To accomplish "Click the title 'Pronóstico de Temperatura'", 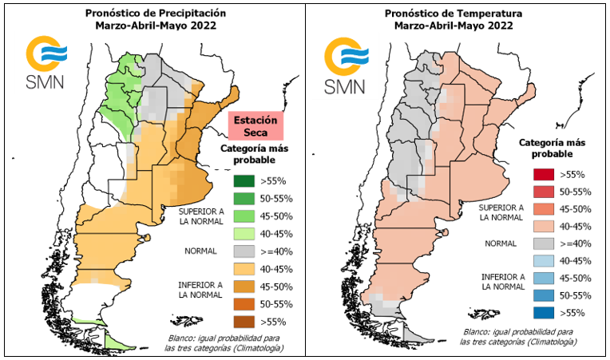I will pyautogui.click(x=454, y=14).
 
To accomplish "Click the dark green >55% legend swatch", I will pyautogui.click(x=244, y=181).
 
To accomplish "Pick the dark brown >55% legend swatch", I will pyautogui.click(x=244, y=322).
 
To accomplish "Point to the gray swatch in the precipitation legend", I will pyautogui.click(x=244, y=251).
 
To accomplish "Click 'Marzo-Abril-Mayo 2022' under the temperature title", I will pyautogui.click(x=454, y=26).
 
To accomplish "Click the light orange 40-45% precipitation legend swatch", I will pyautogui.click(x=244, y=269).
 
